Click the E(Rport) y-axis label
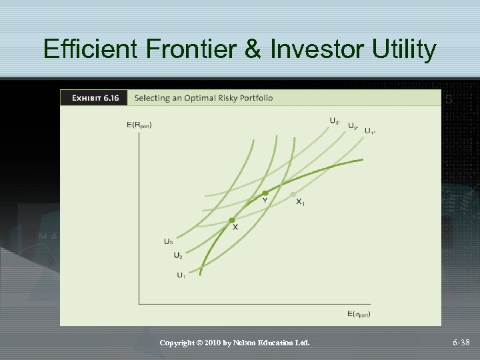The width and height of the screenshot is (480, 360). [x=139, y=125]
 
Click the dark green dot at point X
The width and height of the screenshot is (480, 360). [x=232, y=220]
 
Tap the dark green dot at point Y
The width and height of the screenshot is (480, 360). [x=265, y=193]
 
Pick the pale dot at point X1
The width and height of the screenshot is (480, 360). [x=294, y=194]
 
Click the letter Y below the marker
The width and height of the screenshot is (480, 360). [x=265, y=201]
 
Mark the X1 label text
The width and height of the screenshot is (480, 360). [x=300, y=202]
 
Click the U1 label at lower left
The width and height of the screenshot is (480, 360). [x=181, y=275]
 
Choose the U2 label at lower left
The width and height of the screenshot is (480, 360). [x=177, y=255]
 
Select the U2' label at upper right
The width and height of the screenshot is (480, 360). [x=353, y=126]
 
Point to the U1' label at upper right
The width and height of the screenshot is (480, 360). [x=369, y=131]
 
